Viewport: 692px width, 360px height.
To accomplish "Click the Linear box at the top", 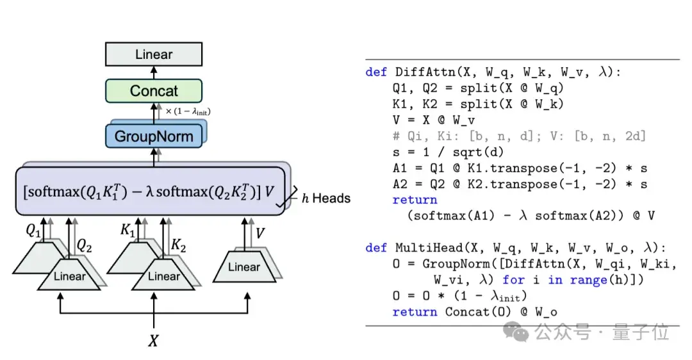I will click(154, 54).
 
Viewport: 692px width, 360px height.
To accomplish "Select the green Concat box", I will click(154, 91).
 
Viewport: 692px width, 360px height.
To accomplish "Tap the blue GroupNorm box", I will click(154, 136).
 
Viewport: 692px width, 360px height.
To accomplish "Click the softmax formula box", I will click(149, 191).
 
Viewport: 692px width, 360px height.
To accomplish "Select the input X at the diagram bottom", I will click(153, 341).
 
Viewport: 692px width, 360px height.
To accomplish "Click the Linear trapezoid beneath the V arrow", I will click(244, 267).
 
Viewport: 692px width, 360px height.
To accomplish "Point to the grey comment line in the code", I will click(519, 136).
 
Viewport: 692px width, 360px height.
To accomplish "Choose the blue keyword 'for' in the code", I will click(513, 280).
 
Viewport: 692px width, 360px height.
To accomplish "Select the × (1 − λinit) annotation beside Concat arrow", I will click(188, 111).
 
